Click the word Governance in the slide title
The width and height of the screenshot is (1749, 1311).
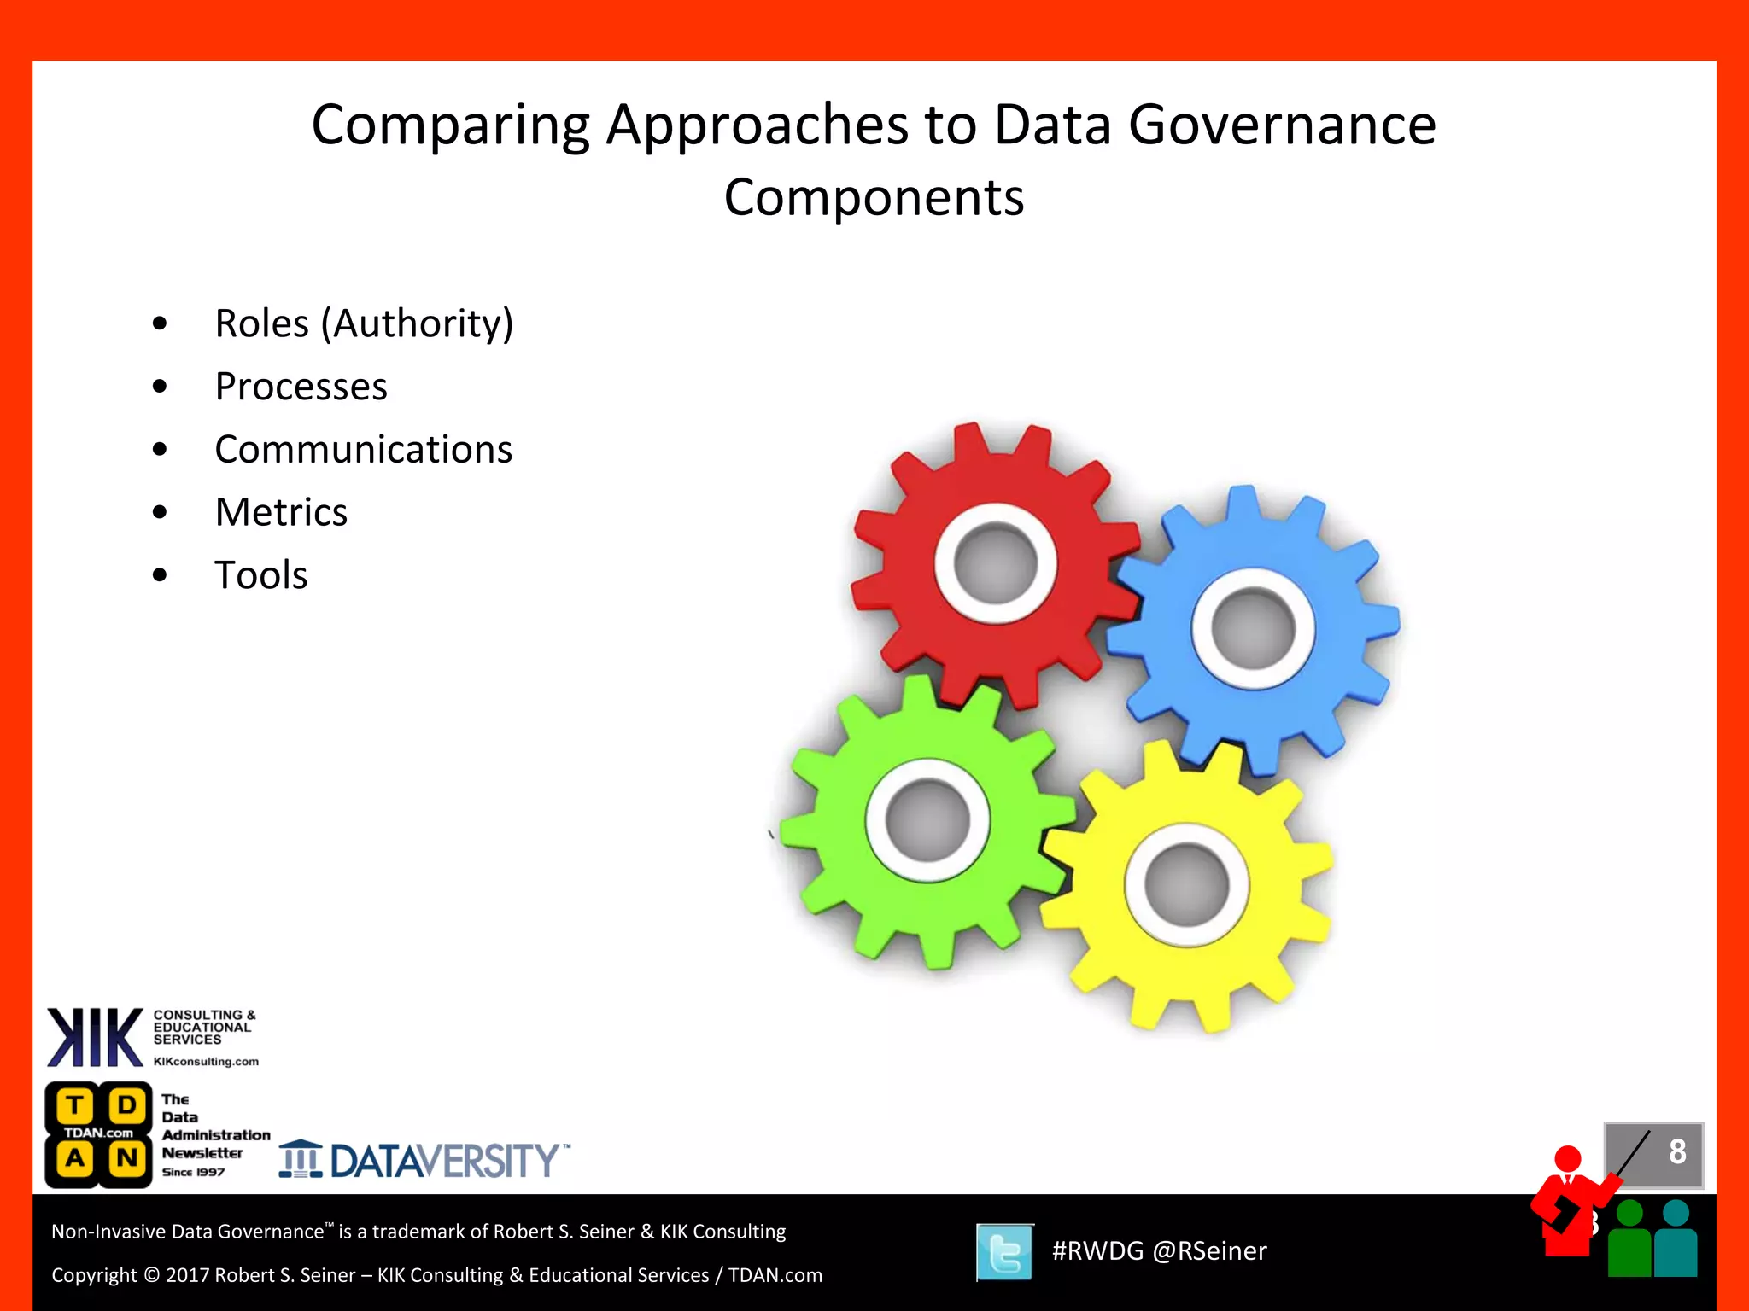(1282, 125)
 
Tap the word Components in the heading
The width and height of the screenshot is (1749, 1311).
(874, 198)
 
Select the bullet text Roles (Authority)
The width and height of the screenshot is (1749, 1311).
(364, 323)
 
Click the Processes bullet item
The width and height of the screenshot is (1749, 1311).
(301, 387)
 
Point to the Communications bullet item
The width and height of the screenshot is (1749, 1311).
(363, 450)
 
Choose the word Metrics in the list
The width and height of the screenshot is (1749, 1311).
(281, 513)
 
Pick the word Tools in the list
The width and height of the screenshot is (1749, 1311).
(260, 575)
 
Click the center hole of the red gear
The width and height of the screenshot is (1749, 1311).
(996, 564)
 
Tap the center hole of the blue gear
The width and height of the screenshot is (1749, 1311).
(1254, 629)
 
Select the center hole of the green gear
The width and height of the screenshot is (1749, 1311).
(927, 820)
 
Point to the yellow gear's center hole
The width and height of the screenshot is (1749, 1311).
(1186, 885)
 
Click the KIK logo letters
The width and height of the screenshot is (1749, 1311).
(95, 1037)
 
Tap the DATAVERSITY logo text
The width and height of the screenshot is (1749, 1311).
(444, 1161)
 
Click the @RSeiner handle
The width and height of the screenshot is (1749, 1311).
(1209, 1251)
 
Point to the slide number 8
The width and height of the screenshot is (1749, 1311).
(1676, 1152)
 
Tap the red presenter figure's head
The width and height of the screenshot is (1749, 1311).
(1568, 1159)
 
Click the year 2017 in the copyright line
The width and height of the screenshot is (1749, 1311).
(187, 1275)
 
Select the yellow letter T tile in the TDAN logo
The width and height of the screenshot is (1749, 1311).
(74, 1106)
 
